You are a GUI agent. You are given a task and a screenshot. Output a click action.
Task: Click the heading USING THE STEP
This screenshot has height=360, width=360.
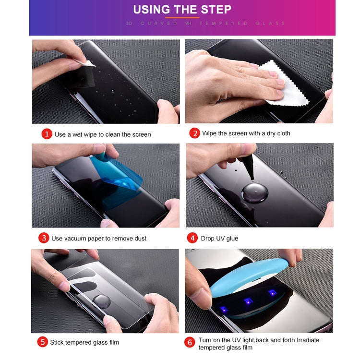tap(182, 9)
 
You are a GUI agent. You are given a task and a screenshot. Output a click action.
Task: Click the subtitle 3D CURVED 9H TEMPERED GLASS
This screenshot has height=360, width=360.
tap(205, 23)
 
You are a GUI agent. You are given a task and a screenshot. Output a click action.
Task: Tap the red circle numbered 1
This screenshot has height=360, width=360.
tap(46, 134)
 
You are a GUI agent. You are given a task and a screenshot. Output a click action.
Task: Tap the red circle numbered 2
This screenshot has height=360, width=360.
tap(194, 133)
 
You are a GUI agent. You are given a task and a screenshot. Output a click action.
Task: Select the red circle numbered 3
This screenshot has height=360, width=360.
tap(44, 238)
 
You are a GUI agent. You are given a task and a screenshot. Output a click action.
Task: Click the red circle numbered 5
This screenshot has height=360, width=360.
tap(43, 342)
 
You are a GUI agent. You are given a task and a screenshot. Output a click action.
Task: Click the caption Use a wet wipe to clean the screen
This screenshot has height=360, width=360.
tap(103, 134)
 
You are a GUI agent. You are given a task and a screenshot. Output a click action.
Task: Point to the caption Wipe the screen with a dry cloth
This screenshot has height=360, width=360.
tap(246, 133)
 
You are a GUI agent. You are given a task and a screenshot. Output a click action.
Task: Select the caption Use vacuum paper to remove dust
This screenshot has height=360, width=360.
tap(99, 238)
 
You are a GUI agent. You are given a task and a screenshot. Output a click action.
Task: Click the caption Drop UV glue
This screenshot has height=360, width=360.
tap(220, 238)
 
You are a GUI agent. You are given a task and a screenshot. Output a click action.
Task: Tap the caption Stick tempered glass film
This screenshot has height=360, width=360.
tap(85, 342)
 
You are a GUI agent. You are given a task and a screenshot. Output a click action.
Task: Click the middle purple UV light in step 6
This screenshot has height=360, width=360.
tap(249, 301)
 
